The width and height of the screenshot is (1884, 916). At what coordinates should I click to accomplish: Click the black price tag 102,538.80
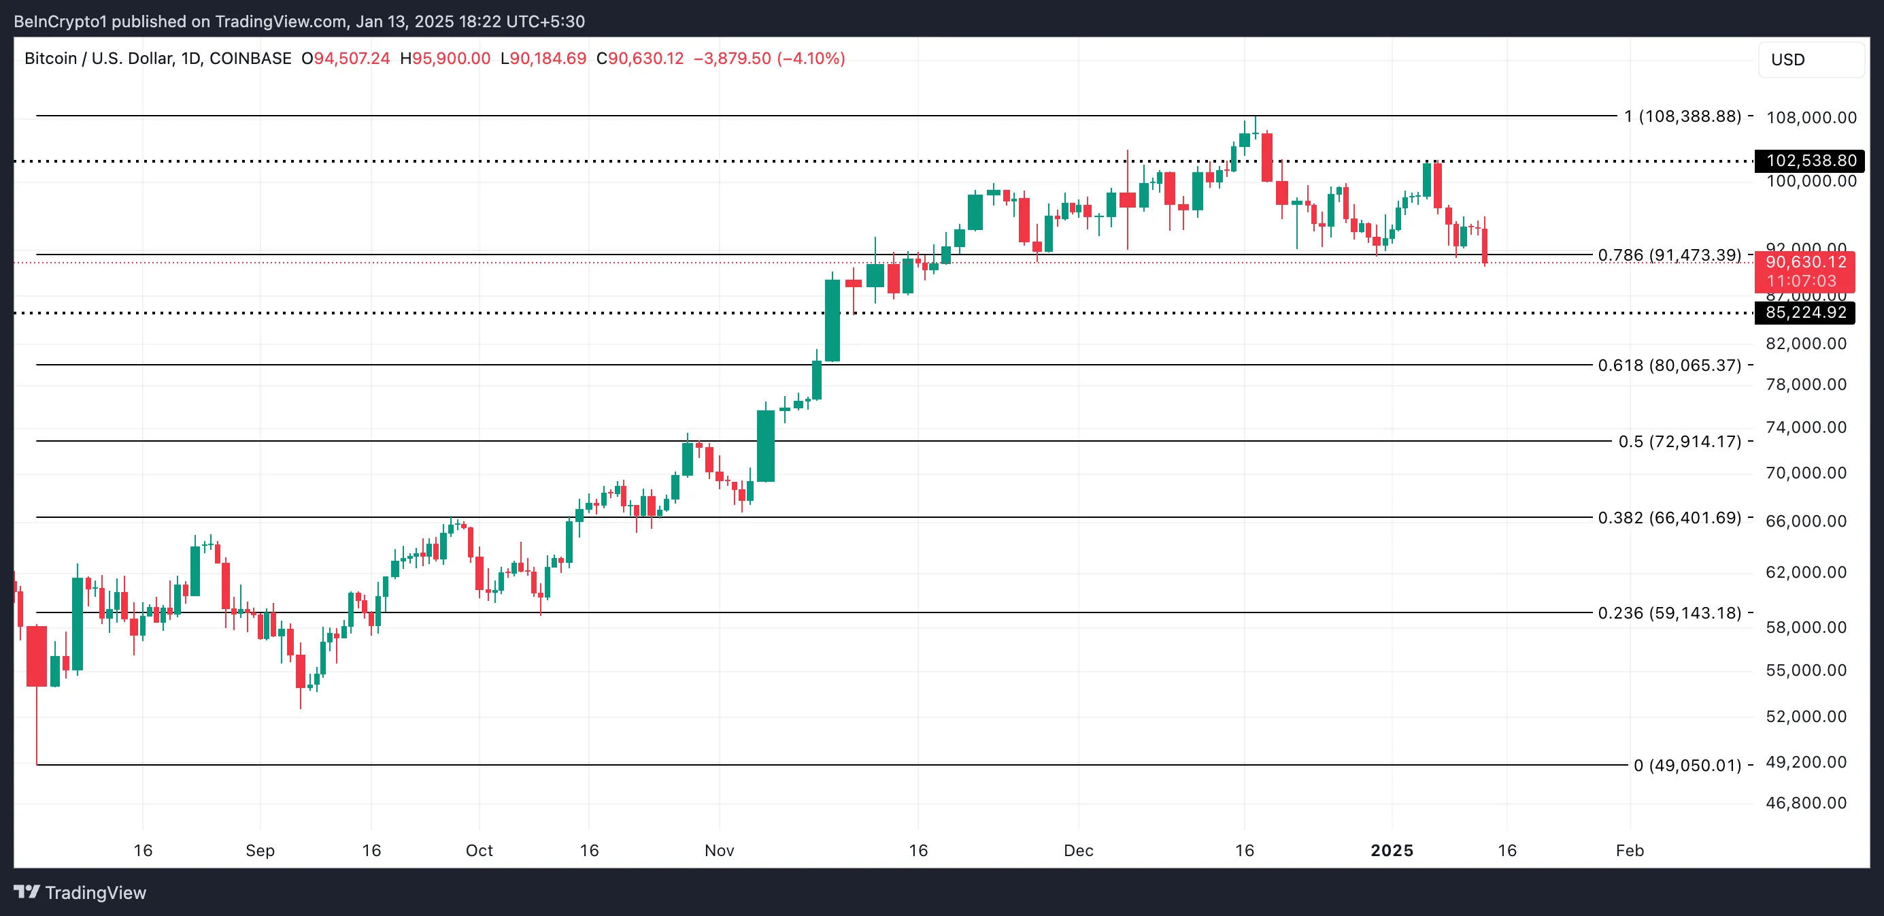coord(1809,160)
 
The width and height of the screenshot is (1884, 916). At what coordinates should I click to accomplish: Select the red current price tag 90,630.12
coord(1804,263)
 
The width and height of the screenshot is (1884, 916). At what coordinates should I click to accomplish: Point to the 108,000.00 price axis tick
coord(1811,117)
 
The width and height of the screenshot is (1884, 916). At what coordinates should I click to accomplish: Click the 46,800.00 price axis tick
coord(1806,802)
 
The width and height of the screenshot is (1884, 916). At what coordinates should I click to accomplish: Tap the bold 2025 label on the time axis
coord(1391,850)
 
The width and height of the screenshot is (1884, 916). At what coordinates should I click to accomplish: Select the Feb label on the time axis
coord(1630,850)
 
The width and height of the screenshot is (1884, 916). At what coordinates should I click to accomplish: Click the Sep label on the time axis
coord(260,850)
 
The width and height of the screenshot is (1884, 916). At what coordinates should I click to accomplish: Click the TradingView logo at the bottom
coord(80,893)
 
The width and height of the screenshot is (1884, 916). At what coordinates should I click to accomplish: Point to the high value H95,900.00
coord(445,59)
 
